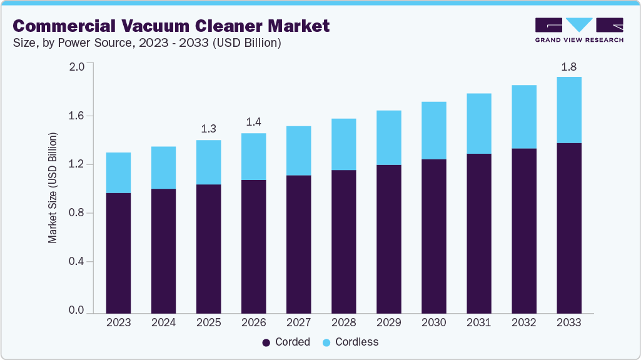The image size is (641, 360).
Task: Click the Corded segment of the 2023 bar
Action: coord(118,253)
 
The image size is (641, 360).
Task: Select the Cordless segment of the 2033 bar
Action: coord(568,110)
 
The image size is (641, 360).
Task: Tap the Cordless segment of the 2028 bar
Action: coord(343,144)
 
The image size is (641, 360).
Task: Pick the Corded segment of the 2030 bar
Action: coord(433,236)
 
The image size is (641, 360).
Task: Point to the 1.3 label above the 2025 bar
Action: coord(208,129)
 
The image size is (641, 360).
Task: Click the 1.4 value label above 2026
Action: coord(253,122)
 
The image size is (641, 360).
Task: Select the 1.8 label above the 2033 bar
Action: coord(568,66)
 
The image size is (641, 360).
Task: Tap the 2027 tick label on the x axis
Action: coord(298,323)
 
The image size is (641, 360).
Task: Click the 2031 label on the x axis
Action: coord(478,323)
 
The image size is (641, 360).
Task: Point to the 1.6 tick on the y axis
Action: coord(76,116)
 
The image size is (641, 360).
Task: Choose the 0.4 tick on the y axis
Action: coord(76,262)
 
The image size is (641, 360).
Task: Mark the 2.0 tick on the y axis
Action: coord(76,67)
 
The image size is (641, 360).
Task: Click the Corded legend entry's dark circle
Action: coord(266,342)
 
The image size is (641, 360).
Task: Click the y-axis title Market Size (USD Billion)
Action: coord(53,187)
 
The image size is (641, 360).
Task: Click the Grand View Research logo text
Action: coord(578,39)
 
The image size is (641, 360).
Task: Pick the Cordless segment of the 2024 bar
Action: coord(163,167)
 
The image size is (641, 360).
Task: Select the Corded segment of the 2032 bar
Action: coord(523,231)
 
